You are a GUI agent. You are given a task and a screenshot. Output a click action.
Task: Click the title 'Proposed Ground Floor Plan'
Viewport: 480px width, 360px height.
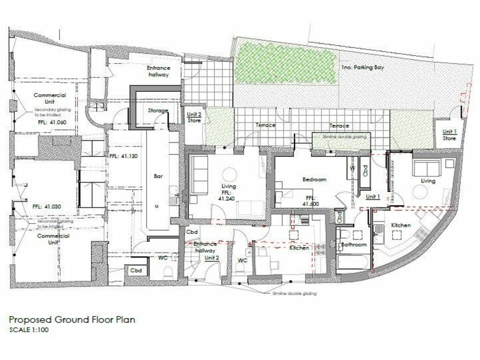click(71, 319)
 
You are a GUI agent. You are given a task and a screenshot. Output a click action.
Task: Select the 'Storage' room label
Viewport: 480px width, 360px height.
click(158, 111)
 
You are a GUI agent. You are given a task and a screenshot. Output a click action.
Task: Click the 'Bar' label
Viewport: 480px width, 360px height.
click(158, 176)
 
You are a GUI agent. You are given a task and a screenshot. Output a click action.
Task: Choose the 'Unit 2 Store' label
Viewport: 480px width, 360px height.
click(195, 117)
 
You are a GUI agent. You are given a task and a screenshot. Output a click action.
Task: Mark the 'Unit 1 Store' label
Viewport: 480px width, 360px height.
click(449, 134)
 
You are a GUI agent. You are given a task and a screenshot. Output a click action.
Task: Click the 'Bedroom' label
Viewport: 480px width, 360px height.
click(314, 179)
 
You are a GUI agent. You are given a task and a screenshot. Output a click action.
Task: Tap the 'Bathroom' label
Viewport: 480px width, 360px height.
click(353, 245)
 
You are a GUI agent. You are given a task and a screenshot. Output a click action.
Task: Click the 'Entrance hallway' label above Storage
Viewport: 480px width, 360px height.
click(158, 71)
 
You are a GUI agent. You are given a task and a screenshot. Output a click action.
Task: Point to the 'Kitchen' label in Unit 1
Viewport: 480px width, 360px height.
click(400, 224)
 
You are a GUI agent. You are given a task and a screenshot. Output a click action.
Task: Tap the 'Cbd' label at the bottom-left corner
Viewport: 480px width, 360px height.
click(136, 270)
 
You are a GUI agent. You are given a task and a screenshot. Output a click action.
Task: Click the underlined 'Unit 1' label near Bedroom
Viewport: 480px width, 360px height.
click(372, 197)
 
